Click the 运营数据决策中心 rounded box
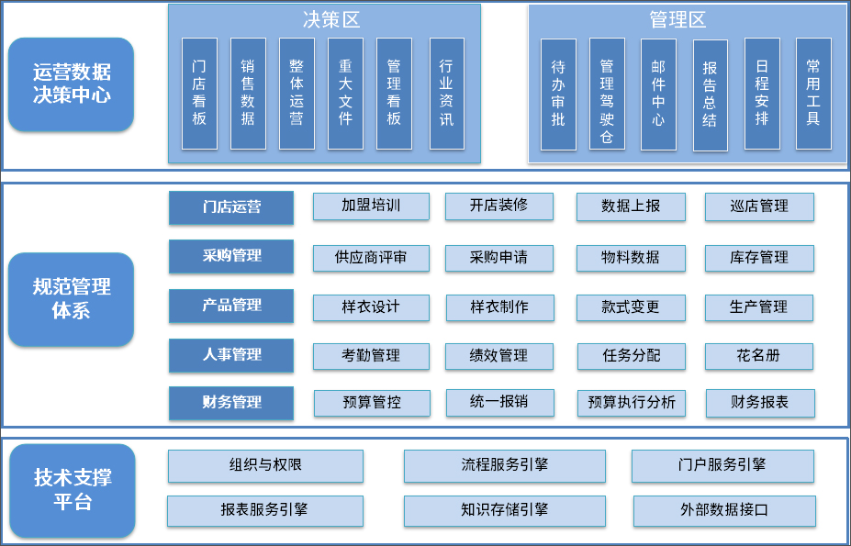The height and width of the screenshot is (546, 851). [71, 84]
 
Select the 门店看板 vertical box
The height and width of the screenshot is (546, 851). [199, 93]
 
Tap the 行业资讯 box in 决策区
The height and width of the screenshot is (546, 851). [446, 93]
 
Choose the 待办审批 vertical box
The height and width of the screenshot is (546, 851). [558, 94]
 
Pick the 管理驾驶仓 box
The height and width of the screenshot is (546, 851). [607, 94]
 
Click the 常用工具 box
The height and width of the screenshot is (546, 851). [812, 94]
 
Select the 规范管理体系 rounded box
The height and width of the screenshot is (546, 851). [71, 299]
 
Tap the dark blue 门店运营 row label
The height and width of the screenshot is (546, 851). [231, 207]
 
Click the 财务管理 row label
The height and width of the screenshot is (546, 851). [231, 402]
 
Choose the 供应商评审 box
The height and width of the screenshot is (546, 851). [371, 258]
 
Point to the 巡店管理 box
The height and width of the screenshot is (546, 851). [759, 206]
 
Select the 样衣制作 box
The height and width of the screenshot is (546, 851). [499, 306]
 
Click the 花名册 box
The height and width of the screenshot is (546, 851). [758, 355]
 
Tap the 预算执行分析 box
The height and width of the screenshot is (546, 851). [632, 403]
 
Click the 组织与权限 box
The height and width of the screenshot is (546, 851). [265, 465]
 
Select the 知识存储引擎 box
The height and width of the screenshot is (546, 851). [504, 510]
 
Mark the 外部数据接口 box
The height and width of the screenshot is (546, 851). [723, 510]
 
